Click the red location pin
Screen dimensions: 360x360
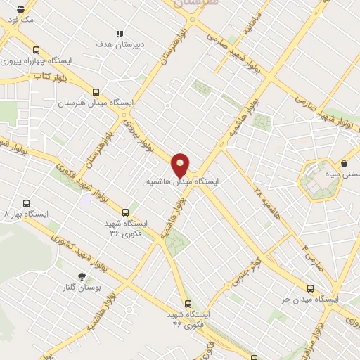(180, 165)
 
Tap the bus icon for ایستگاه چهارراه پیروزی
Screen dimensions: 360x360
(36, 51)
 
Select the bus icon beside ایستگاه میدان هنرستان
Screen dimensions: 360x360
(96, 92)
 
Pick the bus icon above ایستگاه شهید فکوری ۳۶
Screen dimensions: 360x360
(125, 212)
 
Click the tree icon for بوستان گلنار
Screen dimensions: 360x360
(82, 276)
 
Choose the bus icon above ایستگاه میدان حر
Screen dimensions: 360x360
(311, 288)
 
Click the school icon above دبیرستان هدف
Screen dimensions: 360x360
(120, 33)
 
